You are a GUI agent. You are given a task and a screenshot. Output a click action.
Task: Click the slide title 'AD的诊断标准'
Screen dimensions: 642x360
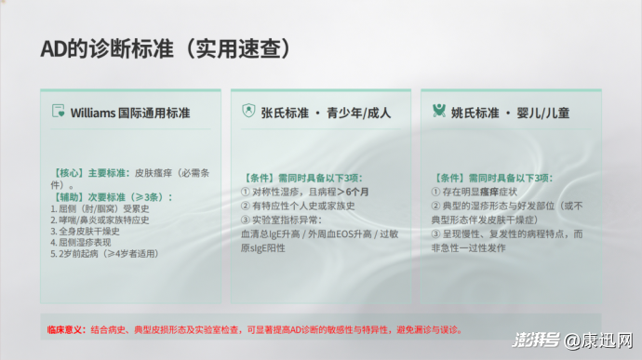pyautogui.click(x=107, y=49)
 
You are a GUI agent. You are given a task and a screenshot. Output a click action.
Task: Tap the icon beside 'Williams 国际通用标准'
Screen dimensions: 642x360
pyautogui.click(x=58, y=111)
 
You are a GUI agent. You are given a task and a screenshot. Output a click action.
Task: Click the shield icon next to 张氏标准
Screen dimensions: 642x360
pyautogui.click(x=248, y=111)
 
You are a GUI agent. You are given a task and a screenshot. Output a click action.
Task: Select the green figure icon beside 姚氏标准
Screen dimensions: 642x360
pyautogui.click(x=439, y=111)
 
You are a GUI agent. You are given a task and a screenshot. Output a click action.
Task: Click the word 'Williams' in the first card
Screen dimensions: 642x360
pyautogui.click(x=93, y=113)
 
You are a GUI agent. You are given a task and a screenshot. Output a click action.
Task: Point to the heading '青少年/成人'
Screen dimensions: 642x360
pyautogui.click(x=358, y=113)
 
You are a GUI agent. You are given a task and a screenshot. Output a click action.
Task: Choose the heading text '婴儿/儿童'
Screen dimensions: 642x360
pyautogui.click(x=543, y=113)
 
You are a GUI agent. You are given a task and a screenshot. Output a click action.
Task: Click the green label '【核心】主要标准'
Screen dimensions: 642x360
pyautogui.click(x=90, y=173)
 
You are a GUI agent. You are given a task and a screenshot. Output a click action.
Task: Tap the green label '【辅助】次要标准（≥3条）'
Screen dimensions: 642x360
pyautogui.click(x=111, y=197)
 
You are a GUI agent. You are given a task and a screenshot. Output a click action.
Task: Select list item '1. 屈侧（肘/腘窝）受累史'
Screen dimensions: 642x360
pyautogui.click(x=100, y=209)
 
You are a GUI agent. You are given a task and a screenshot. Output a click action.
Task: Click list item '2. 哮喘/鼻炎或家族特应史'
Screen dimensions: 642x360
pyautogui.click(x=100, y=220)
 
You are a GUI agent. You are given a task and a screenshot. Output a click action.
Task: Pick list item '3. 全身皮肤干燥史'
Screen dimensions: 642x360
pyautogui.click(x=86, y=232)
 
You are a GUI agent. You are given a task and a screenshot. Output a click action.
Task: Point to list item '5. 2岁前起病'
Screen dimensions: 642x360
pyautogui.click(x=74, y=254)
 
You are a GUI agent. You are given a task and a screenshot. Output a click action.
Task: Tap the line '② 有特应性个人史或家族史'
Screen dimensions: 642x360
pyautogui.click(x=298, y=206)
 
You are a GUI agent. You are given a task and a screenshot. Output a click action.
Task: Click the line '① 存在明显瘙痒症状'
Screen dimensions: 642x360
pyautogui.click(x=475, y=192)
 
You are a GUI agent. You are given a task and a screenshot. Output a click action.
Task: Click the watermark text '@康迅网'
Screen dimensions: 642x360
pyautogui.click(x=598, y=340)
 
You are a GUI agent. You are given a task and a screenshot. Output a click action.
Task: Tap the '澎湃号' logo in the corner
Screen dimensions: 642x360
pyautogui.click(x=536, y=340)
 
